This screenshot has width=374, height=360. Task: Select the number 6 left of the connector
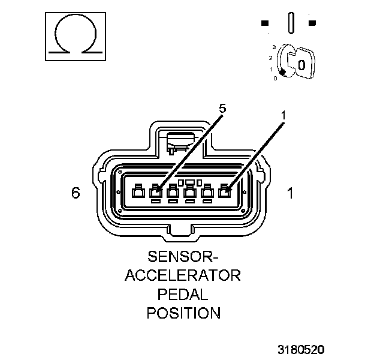(76, 193)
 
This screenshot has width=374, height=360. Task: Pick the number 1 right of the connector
(290, 193)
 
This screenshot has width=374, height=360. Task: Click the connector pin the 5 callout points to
(156, 192)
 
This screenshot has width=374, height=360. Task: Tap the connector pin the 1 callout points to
(225, 192)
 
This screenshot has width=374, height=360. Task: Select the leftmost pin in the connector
(138, 192)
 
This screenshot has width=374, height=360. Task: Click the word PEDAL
(183, 294)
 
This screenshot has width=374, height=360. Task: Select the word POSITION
(183, 313)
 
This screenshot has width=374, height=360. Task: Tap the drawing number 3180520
(301, 349)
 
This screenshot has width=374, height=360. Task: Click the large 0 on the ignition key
(301, 64)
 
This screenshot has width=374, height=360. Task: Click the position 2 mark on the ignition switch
(270, 58)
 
